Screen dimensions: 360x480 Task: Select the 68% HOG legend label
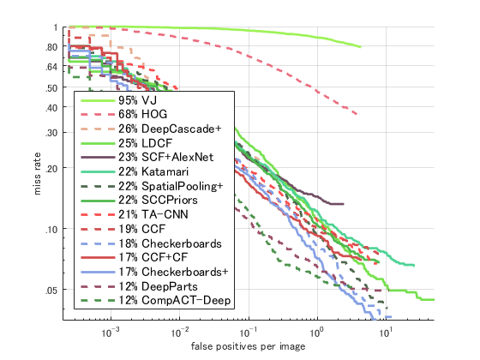[147, 114]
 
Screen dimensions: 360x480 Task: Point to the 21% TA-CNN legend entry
[159, 214]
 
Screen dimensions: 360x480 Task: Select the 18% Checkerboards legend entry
[173, 243]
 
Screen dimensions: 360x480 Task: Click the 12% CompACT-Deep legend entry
[172, 301]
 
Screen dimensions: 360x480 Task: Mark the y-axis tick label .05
[51, 291]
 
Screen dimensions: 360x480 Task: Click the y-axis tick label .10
[51, 230]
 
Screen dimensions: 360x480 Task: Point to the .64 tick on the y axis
[51, 67]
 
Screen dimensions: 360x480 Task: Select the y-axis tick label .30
[51, 133]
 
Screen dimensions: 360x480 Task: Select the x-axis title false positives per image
[249, 347]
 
